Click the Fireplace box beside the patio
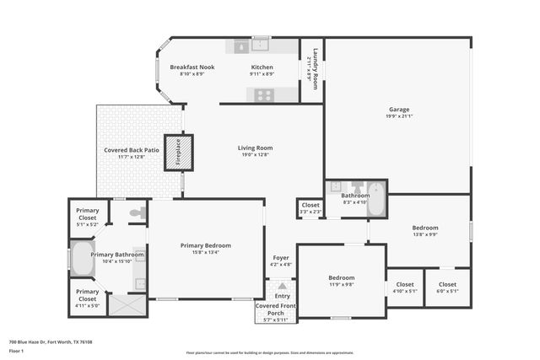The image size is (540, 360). (x=178, y=153)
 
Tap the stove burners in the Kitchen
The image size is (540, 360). (x=264, y=94)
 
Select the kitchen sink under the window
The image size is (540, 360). (x=261, y=46)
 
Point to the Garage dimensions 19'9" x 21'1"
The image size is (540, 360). (x=399, y=116)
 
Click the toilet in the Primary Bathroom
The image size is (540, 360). (x=136, y=213)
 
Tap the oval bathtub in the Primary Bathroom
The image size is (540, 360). (x=82, y=259)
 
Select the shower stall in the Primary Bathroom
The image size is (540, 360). (x=127, y=304)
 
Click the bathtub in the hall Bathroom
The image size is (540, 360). (x=376, y=201)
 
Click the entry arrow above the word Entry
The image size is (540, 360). (x=282, y=287)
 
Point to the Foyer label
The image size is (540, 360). (x=281, y=258)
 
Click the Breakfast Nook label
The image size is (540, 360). (x=192, y=67)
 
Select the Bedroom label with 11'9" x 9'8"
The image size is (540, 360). (x=342, y=277)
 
